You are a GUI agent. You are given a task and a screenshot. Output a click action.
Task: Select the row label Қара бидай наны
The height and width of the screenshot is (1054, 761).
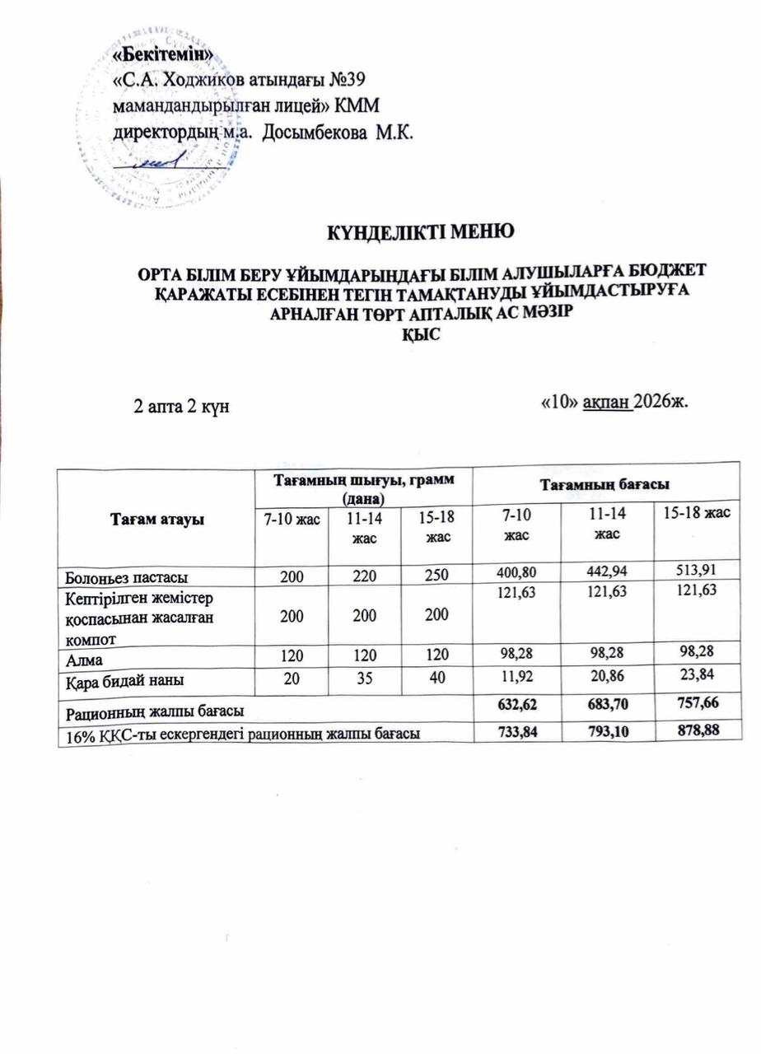(120, 681)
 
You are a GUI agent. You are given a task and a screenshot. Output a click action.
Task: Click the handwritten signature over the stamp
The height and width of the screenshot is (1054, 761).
(165, 164)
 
